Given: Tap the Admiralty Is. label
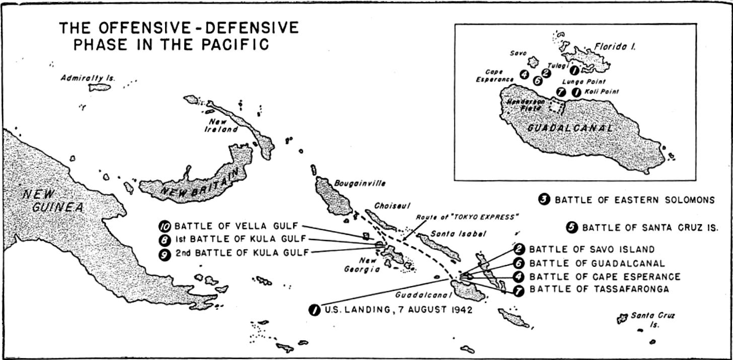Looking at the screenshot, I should tap(88, 78).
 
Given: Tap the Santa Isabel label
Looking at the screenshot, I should tap(451, 235).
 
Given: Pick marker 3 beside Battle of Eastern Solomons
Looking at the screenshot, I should tap(544, 200).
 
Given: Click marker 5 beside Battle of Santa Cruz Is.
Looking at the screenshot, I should tap(571, 228).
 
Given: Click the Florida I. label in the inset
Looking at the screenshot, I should tap(614, 46).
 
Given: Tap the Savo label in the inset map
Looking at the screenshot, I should tap(518, 53).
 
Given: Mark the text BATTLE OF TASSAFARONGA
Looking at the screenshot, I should tap(599, 290).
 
